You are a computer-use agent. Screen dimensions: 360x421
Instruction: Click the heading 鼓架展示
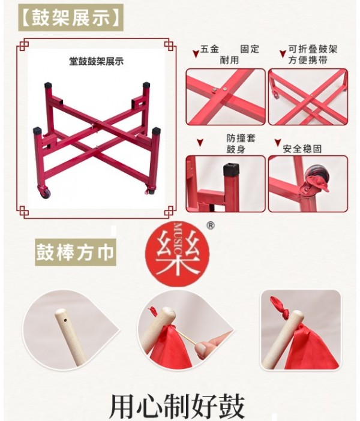click(71, 18)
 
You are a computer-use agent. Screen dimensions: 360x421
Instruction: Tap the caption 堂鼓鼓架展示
click(96, 62)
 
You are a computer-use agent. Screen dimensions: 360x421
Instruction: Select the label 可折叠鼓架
click(313, 49)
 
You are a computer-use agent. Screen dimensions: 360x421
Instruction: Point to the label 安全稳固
click(302, 149)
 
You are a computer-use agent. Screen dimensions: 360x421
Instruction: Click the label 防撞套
click(241, 139)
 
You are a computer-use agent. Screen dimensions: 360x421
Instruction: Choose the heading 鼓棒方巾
click(75, 252)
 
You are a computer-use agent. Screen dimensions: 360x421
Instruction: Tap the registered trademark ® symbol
click(211, 226)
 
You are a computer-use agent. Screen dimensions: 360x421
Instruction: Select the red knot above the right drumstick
click(280, 306)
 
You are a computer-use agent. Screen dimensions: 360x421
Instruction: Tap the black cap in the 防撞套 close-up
click(232, 170)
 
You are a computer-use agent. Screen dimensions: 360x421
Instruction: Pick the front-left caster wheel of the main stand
click(45, 193)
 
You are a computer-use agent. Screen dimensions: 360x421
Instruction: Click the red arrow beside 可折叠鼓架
click(282, 54)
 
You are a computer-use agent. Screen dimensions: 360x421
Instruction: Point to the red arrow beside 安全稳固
click(278, 142)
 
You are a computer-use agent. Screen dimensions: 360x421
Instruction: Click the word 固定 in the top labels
click(250, 49)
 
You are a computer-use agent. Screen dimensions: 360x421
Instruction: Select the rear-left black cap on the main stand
click(48, 85)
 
